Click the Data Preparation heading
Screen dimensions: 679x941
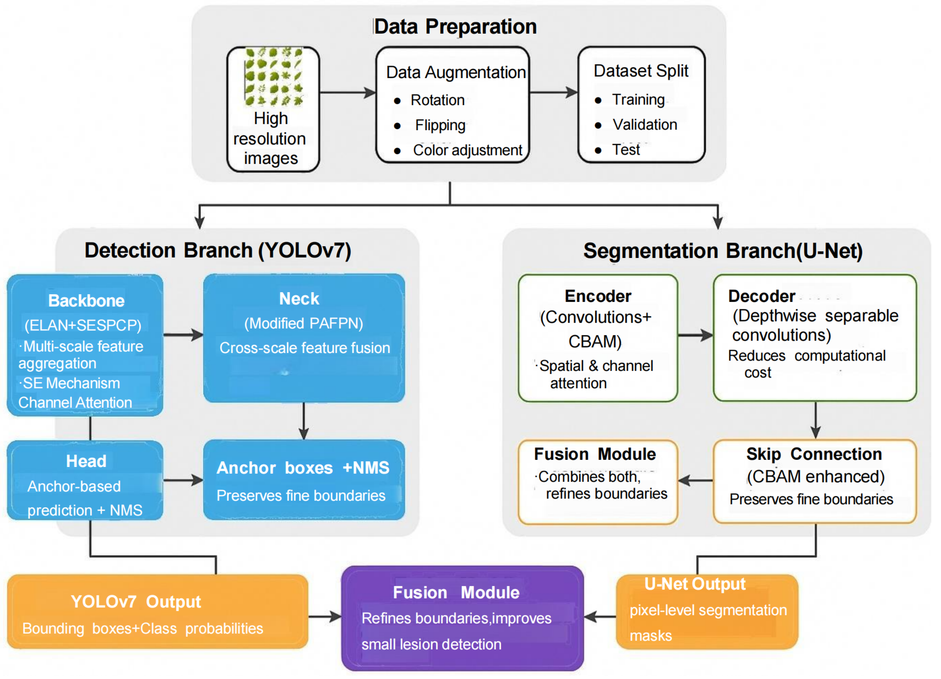click(455, 27)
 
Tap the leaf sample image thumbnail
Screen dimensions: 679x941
click(274, 77)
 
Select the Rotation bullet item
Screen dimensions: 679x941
click(437, 100)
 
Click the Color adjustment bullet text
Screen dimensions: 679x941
click(467, 150)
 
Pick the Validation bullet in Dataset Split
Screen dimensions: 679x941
click(644, 125)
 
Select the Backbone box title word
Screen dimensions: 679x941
click(86, 301)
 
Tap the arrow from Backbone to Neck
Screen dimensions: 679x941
click(183, 334)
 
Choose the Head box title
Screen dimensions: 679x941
click(86, 461)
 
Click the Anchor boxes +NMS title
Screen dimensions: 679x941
click(303, 468)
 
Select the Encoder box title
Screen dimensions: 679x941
click(598, 296)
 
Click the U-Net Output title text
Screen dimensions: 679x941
click(695, 584)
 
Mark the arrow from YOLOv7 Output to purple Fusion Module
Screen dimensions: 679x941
click(324, 617)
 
